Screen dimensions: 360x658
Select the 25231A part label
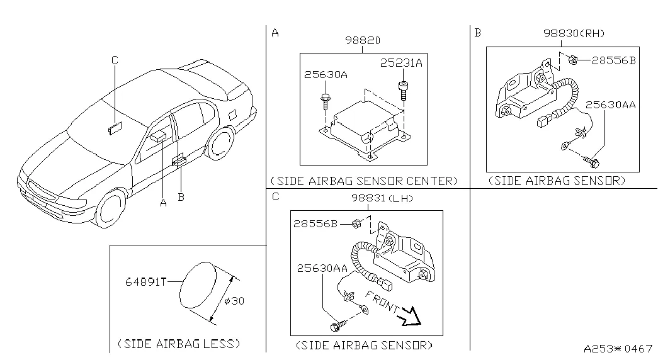pos(401,63)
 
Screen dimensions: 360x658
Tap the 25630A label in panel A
pos(325,74)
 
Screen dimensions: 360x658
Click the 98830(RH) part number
pos(577,33)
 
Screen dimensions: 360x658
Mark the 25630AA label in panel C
pos(322,268)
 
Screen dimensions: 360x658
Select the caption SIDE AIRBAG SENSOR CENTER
pos(363,181)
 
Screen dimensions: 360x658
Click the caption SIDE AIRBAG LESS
pos(179,344)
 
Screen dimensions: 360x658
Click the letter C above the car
pos(115,60)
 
